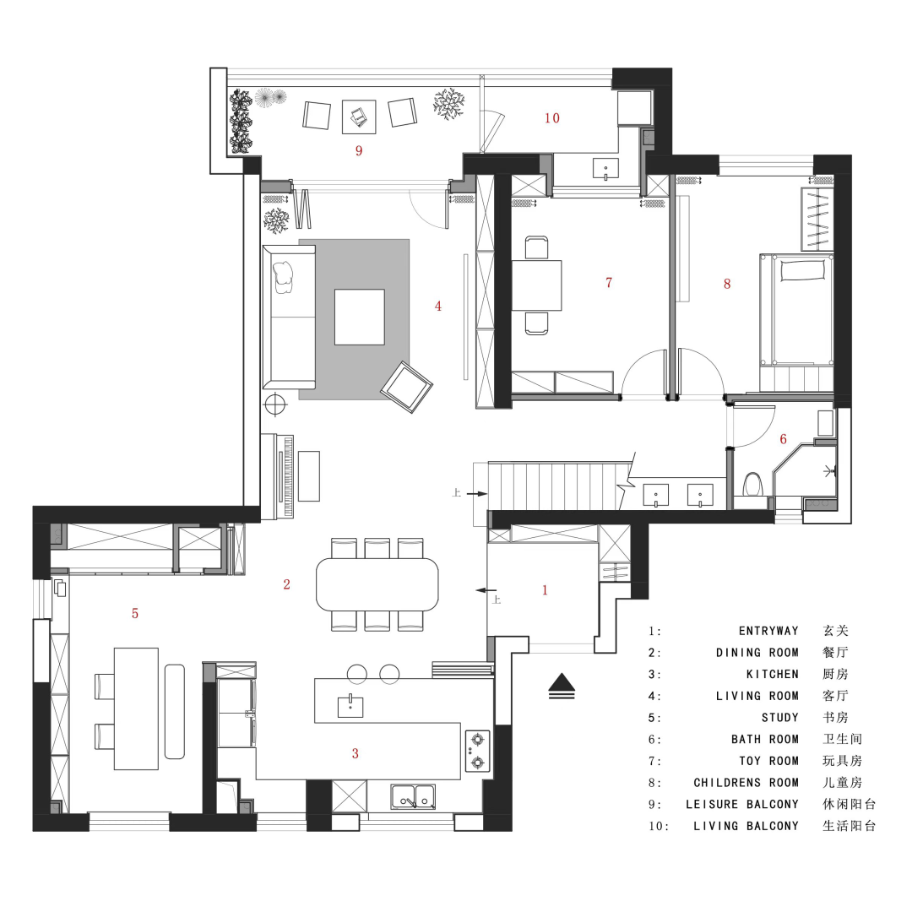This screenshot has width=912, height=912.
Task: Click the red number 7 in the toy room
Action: tap(609, 283)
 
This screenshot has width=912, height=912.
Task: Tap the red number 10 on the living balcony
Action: tap(552, 118)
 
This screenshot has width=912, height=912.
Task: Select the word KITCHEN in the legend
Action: tap(773, 674)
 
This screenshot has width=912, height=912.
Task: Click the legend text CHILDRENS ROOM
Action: tap(746, 782)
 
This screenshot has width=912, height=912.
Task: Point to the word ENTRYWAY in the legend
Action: tap(768, 631)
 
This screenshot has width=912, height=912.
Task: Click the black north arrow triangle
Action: tap(562, 681)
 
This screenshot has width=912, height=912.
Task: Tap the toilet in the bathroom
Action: tap(753, 483)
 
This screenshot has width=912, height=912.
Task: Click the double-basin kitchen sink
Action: tap(413, 796)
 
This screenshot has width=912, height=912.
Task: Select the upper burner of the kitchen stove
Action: tap(477, 740)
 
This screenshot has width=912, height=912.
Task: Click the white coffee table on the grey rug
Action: tap(360, 317)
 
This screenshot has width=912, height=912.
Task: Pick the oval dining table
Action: tap(377, 584)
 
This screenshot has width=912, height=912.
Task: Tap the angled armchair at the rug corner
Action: tap(406, 388)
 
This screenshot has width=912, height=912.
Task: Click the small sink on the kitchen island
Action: tap(350, 706)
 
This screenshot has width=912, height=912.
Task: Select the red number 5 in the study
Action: tap(135, 613)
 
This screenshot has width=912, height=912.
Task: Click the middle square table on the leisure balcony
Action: tap(359, 117)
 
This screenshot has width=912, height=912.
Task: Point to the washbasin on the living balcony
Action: tap(605, 169)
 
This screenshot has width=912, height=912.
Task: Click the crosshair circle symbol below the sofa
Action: tap(275, 404)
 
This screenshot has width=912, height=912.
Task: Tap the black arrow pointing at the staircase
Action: tap(477, 494)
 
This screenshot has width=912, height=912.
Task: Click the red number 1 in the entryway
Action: tap(545, 589)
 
